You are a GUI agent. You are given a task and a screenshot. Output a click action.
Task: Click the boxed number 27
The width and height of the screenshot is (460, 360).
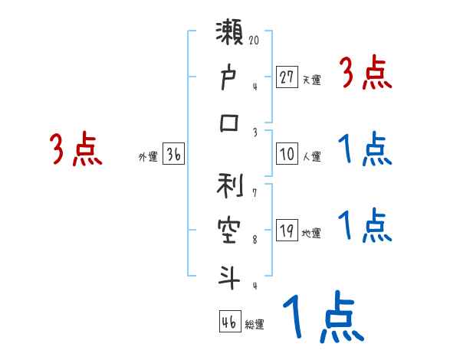point(287,77)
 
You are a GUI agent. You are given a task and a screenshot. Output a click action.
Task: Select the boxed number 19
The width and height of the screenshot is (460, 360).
point(287,231)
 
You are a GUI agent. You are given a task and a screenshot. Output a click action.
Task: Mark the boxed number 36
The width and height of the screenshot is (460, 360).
point(173,154)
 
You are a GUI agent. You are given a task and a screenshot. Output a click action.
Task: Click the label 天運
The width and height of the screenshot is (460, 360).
point(311,80)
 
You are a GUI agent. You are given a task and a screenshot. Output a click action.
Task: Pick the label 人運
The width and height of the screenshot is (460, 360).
point(311,156)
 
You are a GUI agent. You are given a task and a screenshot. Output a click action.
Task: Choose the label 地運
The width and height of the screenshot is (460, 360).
point(311,234)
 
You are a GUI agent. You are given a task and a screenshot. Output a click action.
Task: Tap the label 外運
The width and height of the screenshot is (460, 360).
point(147,156)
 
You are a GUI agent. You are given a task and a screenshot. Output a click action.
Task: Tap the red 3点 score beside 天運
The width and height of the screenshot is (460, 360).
point(366,74)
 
